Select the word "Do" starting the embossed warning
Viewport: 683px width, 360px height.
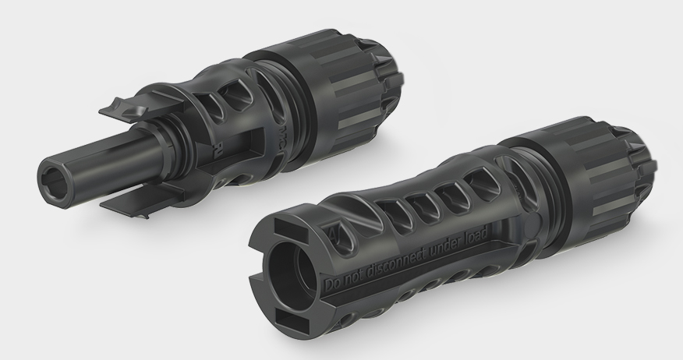(331, 282)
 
